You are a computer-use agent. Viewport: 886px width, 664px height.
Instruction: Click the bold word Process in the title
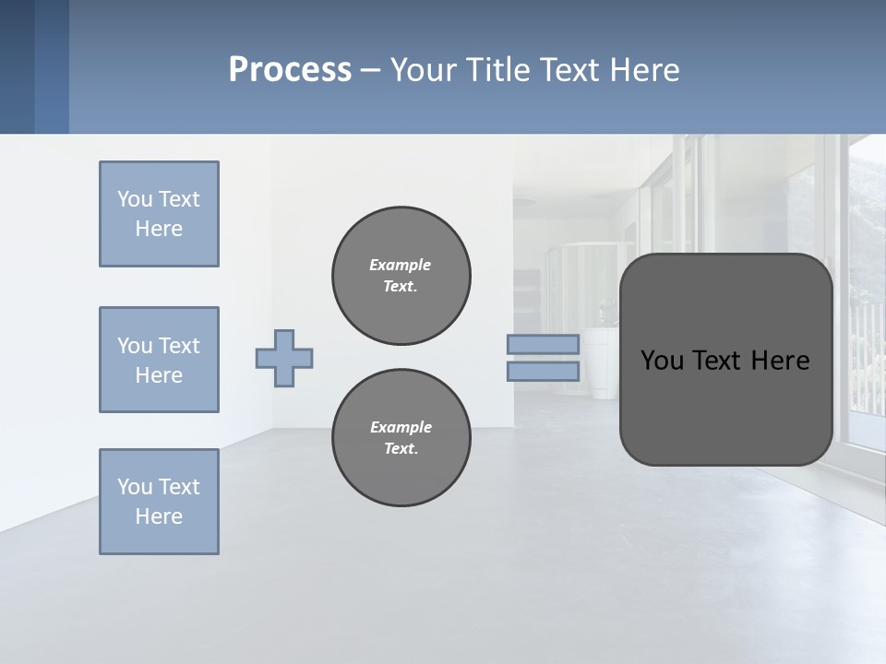[x=290, y=70]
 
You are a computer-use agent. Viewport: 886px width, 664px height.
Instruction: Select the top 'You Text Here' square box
[x=159, y=214]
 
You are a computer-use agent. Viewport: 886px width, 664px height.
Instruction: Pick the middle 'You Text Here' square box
[x=159, y=360]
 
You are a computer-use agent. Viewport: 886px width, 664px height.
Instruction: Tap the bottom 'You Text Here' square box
[x=159, y=502]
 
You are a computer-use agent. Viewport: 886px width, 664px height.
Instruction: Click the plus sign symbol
[x=284, y=358]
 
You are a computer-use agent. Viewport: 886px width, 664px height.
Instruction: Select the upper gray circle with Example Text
[x=401, y=276]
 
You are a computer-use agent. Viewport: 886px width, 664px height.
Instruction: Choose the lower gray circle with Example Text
[x=401, y=438]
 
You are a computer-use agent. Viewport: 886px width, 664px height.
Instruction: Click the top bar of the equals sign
[x=543, y=344]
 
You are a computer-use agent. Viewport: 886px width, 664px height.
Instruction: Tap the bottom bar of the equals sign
[x=543, y=372]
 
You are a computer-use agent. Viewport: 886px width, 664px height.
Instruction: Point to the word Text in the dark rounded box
[x=720, y=361]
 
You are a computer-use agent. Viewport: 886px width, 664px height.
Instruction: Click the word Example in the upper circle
[x=401, y=265]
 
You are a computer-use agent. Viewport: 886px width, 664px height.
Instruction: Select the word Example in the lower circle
[x=401, y=427]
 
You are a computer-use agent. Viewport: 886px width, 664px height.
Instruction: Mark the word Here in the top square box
[x=159, y=229]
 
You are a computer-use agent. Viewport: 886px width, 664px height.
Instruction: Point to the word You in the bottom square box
[x=135, y=487]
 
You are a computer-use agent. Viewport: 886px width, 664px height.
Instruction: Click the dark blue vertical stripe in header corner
[x=17, y=66]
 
